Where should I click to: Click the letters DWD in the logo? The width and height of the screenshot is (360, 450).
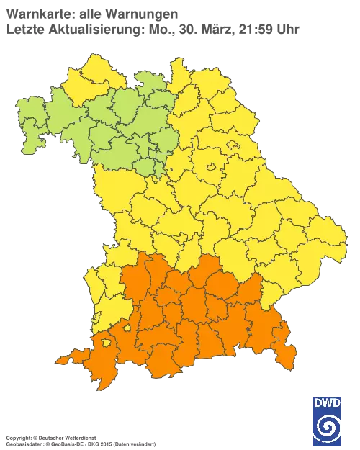coord(328,404)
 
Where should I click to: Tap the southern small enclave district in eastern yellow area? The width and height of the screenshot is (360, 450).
coord(211,168)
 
